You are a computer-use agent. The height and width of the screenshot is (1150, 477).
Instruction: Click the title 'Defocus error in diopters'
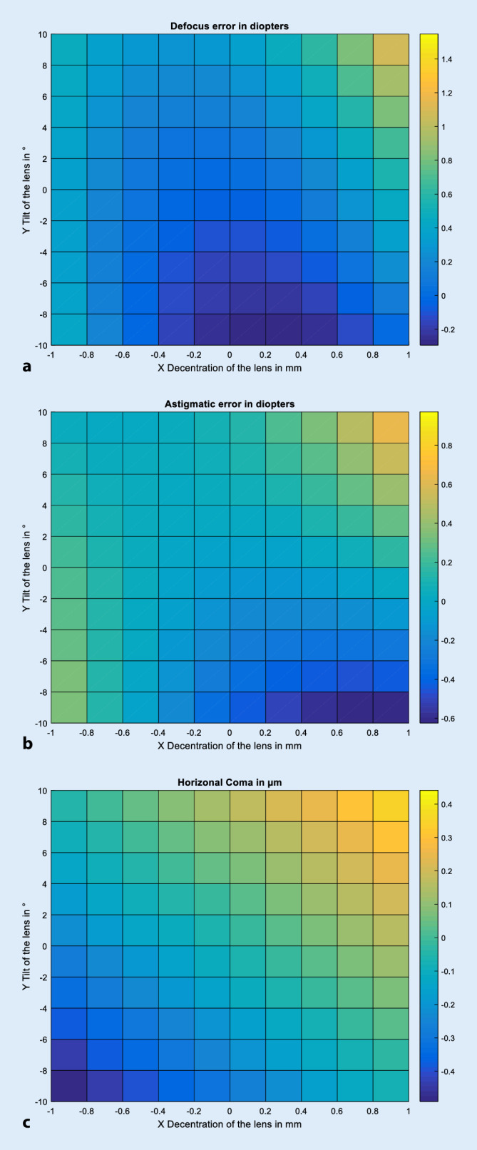229,26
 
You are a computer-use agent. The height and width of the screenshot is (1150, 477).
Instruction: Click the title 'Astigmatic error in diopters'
229,404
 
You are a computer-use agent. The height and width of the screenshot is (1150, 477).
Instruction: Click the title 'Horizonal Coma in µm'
229,783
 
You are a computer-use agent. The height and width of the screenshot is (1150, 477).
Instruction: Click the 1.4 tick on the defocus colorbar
447,60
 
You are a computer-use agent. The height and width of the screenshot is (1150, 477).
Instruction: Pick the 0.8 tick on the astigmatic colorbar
447,446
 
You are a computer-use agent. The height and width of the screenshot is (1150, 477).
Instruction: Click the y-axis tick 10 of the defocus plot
41,34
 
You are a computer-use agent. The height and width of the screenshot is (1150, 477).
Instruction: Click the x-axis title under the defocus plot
229,368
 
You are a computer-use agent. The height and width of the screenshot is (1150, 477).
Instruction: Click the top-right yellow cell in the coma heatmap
390,806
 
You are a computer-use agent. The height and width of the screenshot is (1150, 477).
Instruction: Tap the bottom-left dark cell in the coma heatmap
68,1085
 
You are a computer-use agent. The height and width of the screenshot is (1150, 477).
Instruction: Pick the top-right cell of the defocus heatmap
390,50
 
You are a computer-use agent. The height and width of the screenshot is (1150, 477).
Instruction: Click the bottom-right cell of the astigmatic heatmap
390,707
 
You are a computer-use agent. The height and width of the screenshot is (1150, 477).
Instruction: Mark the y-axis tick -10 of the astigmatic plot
39,723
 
